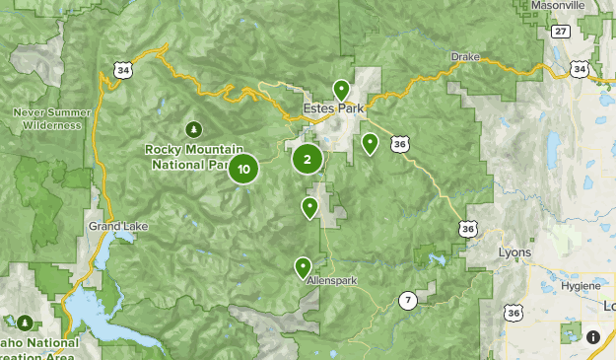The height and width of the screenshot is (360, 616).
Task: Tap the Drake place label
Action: pyautogui.click(x=465, y=56)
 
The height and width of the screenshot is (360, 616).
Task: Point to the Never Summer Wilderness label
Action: pyautogui.click(x=48, y=118)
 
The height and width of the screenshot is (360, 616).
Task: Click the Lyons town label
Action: pyautogui.click(x=514, y=252)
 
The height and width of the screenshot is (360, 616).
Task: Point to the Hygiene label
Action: pyautogui.click(x=580, y=285)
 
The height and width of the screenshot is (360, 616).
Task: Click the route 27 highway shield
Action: pyautogui.click(x=560, y=32)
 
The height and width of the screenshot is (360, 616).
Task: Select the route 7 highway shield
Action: pyautogui.click(x=406, y=300)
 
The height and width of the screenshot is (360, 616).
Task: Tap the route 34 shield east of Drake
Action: pyautogui.click(x=580, y=69)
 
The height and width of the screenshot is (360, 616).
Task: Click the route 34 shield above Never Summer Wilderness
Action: pyautogui.click(x=121, y=70)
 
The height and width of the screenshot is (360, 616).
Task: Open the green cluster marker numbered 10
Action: pyautogui.click(x=243, y=169)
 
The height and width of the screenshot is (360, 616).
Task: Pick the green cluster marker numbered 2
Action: pyautogui.click(x=308, y=158)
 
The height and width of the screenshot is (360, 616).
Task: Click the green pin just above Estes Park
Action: pyautogui.click(x=341, y=90)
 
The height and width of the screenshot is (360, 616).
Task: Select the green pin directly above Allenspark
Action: pyautogui.click(x=303, y=265)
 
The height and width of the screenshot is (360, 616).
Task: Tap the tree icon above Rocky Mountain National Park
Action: pyautogui.click(x=194, y=128)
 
